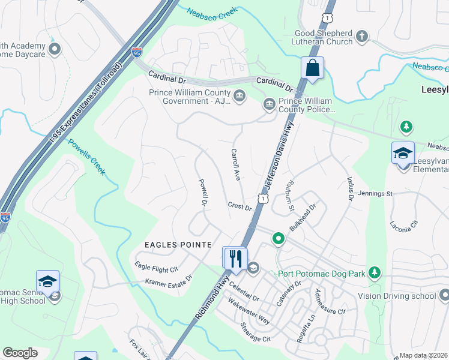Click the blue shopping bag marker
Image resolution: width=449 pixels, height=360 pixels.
(313, 68)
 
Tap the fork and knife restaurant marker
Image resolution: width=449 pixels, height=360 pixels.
(235, 259)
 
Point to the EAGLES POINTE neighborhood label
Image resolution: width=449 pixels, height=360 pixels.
(178, 245)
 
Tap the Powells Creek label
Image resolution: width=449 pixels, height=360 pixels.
(87, 157)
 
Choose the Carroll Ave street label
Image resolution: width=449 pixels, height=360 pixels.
(236, 165)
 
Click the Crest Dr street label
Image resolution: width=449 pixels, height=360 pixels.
(240, 206)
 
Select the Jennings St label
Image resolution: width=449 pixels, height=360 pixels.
(375, 194)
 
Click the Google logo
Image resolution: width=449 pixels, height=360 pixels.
(20, 353)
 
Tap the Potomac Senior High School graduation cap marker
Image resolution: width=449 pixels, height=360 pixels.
(48, 281)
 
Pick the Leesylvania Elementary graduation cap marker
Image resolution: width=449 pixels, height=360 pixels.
(403, 154)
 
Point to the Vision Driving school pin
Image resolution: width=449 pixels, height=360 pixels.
(444, 295)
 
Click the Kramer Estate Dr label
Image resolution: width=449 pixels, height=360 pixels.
(168, 280)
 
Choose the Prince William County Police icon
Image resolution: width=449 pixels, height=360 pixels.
(269, 105)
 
